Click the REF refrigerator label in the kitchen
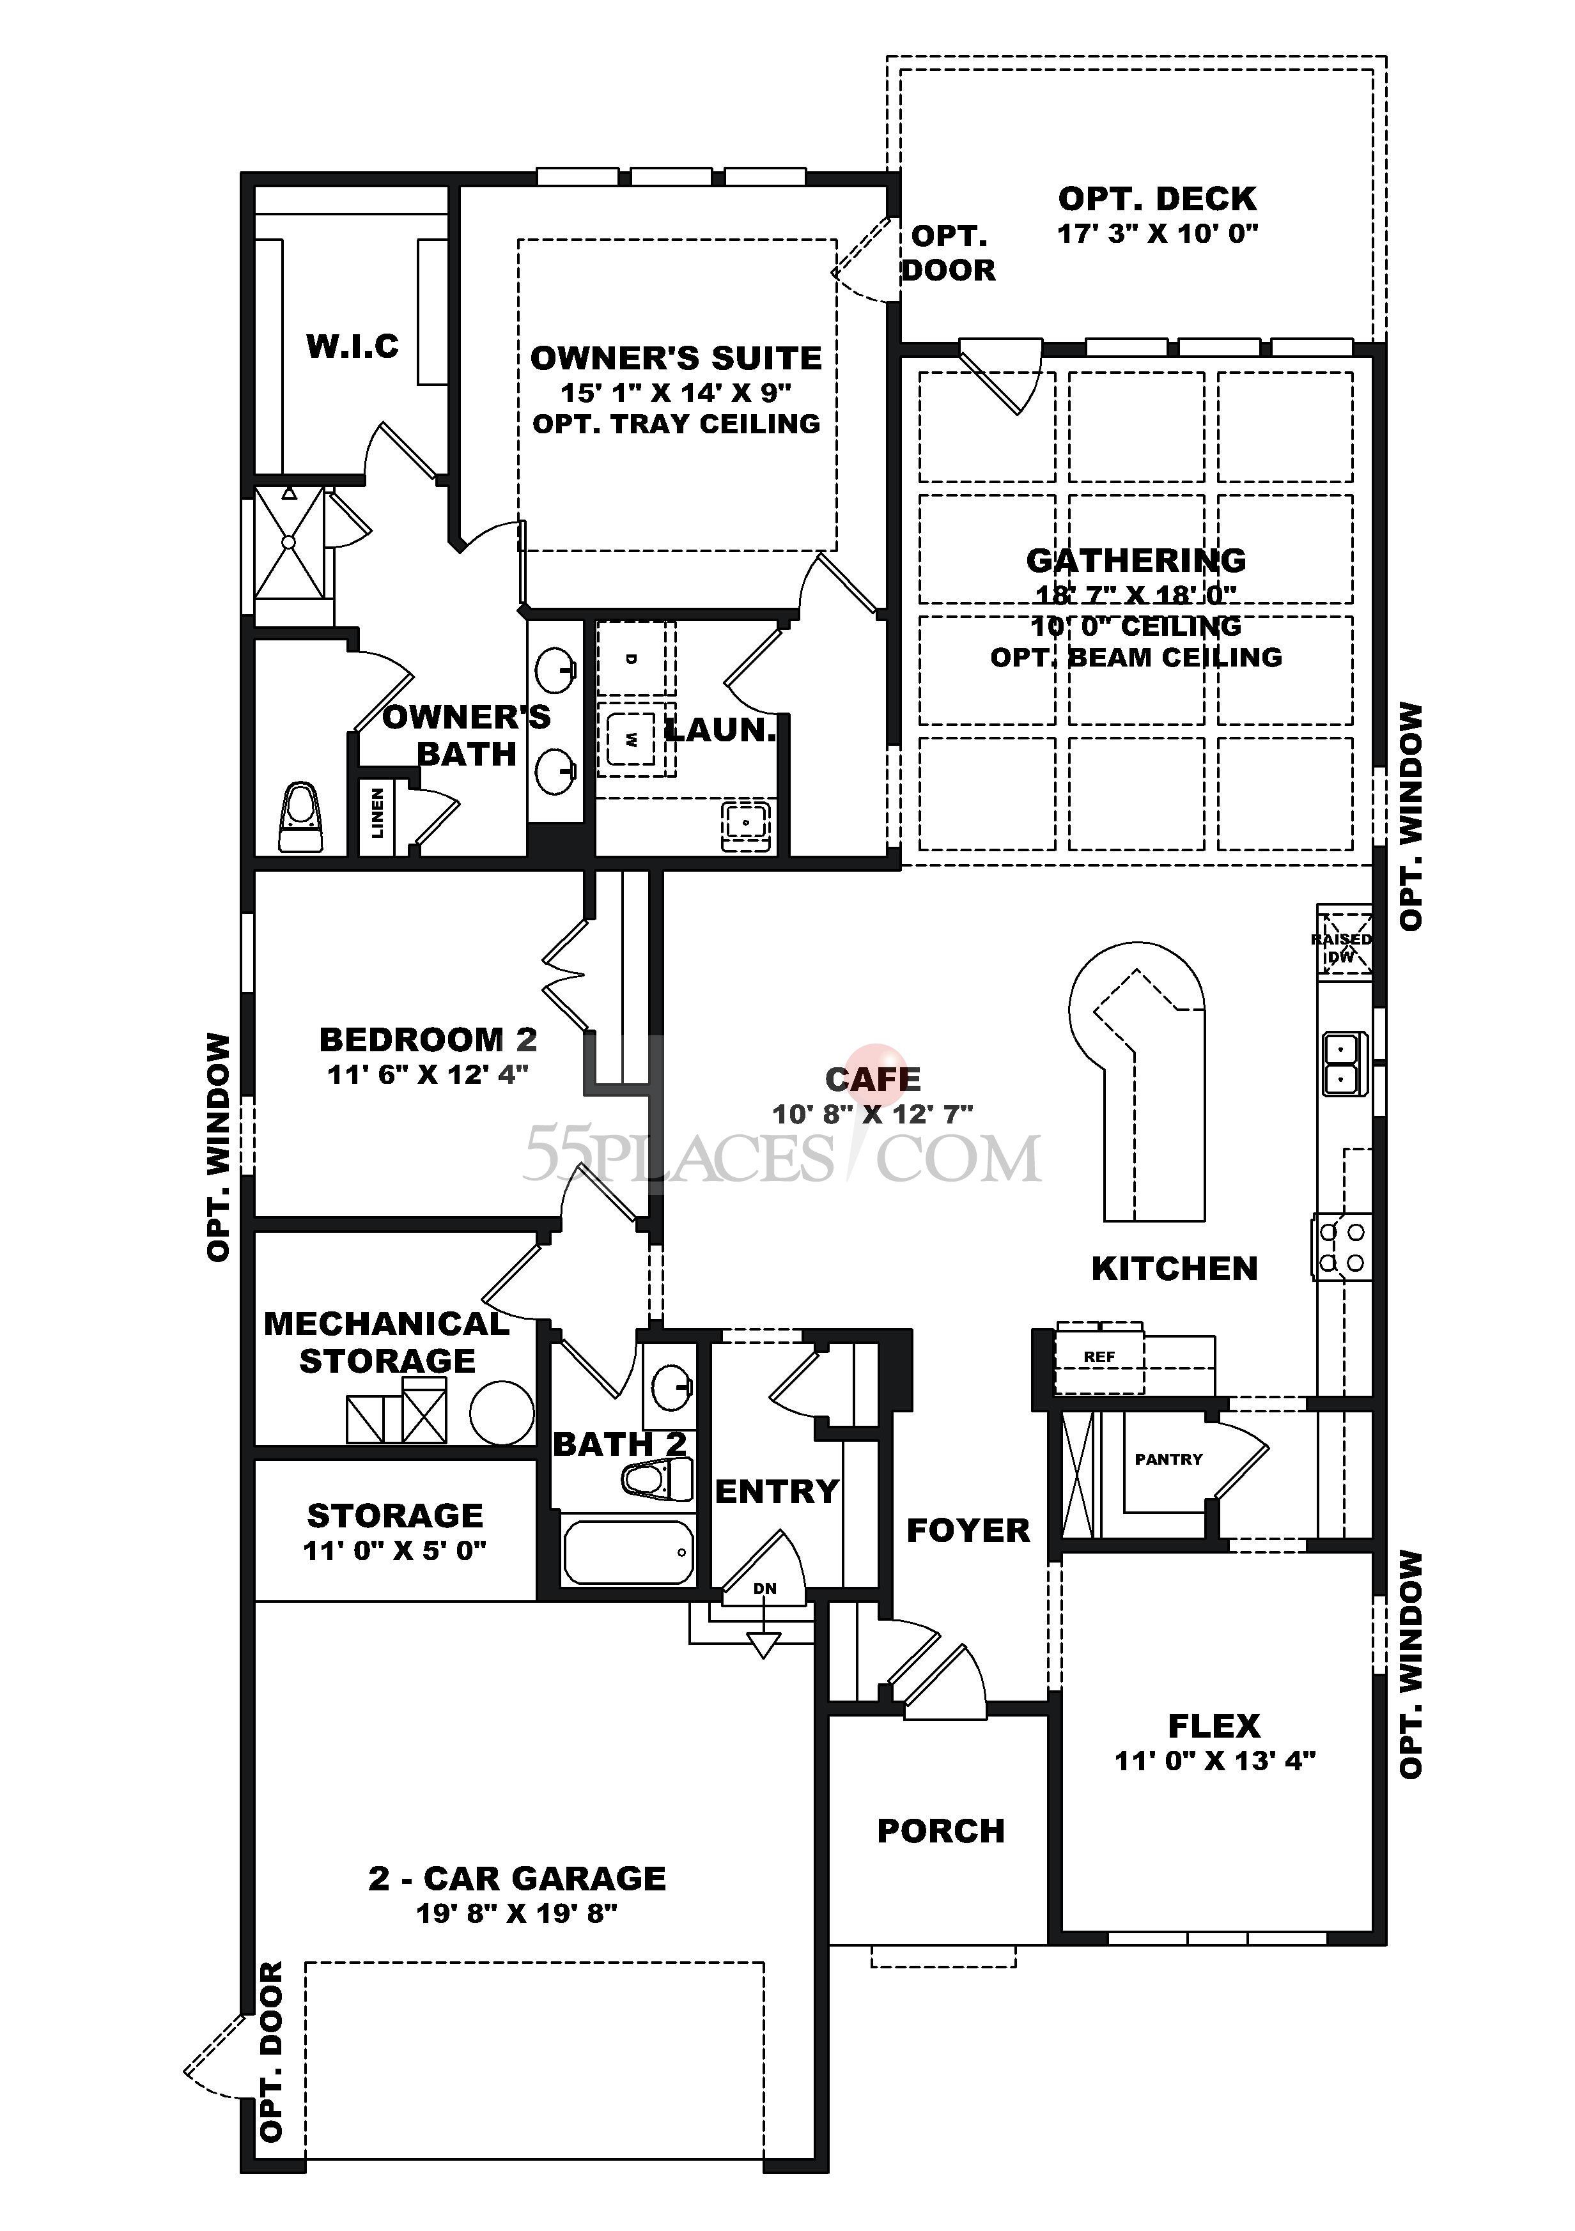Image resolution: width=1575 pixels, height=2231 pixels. pyautogui.click(x=1099, y=1357)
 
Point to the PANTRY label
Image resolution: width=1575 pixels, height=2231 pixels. pyautogui.click(x=1168, y=1460)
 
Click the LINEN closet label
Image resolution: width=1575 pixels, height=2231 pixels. pyautogui.click(x=377, y=812)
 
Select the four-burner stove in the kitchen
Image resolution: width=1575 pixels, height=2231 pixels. pyautogui.click(x=1344, y=1247)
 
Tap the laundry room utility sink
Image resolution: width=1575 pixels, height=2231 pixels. pyautogui.click(x=745, y=824)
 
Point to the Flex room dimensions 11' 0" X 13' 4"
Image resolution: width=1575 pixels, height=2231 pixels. pyautogui.click(x=1214, y=1761)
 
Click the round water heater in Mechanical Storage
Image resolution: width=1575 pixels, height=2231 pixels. pyautogui.click(x=501, y=1413)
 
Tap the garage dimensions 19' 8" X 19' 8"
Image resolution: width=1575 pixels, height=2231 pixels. pyautogui.click(x=517, y=1913)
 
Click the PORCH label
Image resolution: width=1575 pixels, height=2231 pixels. pyautogui.click(x=940, y=1831)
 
